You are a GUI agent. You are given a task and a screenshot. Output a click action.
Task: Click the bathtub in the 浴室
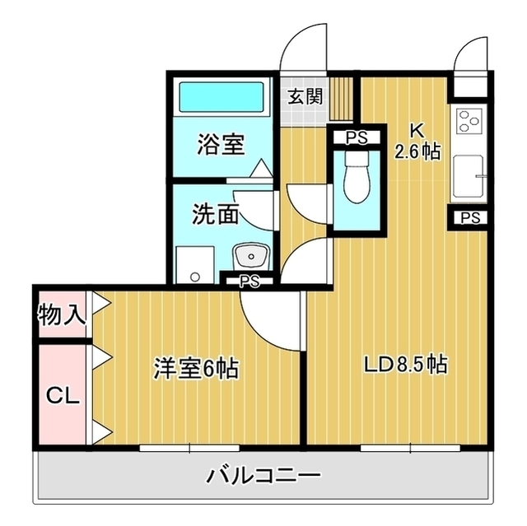click(222, 97)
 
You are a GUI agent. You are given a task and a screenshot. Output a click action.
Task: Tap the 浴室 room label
click(221, 144)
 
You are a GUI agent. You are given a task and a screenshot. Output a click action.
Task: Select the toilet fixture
click(357, 179)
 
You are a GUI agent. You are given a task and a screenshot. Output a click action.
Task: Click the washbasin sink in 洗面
click(251, 257)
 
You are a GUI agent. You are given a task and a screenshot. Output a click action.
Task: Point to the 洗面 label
click(216, 214)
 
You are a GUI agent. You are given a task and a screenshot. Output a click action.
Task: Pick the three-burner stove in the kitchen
click(469, 120)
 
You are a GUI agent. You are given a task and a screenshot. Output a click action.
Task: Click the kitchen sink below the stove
click(469, 176)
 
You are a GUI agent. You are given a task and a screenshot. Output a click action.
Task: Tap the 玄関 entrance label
click(305, 96)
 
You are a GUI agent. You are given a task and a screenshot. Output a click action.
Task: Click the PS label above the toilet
click(357, 137)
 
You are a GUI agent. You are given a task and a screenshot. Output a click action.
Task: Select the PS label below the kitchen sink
click(470, 218)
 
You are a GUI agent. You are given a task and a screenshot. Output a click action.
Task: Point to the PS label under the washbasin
click(250, 282)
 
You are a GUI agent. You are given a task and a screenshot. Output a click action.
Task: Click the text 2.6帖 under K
click(417, 152)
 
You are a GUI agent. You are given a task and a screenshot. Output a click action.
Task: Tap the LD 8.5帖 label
click(406, 365)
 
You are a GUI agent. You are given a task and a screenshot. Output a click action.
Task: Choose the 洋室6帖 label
click(196, 368)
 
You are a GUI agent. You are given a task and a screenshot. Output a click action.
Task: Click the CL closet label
click(63, 397)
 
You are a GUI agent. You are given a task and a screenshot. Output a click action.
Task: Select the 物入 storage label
click(61, 315)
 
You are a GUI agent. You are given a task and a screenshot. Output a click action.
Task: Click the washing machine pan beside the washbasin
click(195, 265)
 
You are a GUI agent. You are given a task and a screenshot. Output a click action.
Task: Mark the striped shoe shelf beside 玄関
click(341, 99)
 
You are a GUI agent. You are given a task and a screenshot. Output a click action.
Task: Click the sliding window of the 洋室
click(189, 448)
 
